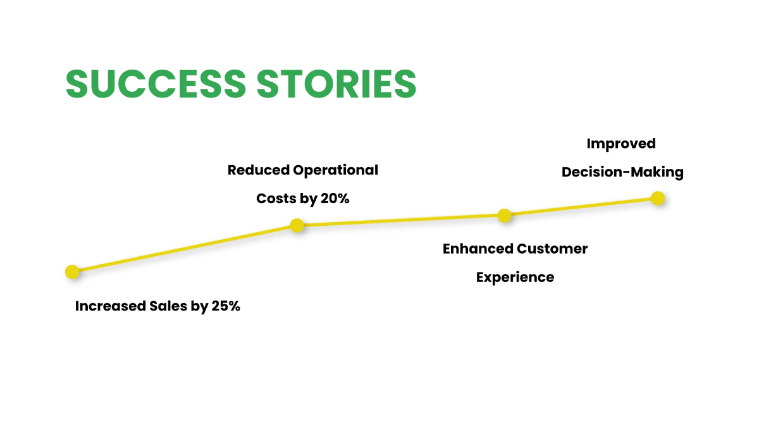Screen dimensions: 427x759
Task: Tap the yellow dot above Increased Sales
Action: [x=73, y=272]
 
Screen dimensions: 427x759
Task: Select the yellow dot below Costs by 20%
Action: [x=297, y=225]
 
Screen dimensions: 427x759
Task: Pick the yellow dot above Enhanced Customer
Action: [x=504, y=216]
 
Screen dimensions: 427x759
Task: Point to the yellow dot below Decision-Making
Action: [x=658, y=199]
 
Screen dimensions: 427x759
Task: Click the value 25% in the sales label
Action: [x=225, y=306]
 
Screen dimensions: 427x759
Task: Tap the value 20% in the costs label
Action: [x=335, y=199]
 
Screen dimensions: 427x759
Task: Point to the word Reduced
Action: [x=258, y=170]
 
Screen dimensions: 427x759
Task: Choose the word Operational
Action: [x=336, y=170]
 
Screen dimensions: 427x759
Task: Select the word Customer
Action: [x=552, y=249]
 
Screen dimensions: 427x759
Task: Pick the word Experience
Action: [x=515, y=277]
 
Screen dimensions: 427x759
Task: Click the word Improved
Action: [x=621, y=144]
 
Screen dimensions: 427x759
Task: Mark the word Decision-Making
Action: [x=622, y=172]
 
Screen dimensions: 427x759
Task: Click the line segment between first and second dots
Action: [x=185, y=249]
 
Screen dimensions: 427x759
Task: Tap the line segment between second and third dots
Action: [x=400, y=220]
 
